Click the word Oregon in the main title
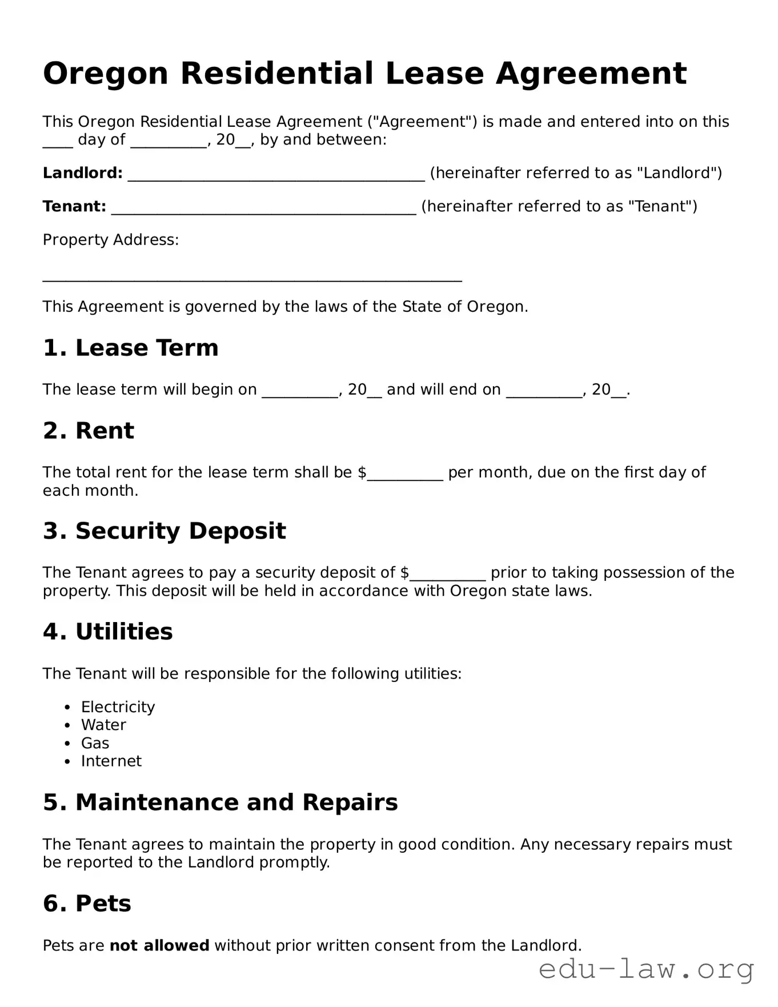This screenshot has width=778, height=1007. point(106,74)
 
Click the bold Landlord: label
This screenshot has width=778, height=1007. point(83,173)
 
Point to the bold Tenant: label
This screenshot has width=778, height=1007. point(74,206)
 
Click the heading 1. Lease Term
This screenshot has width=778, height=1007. point(130,348)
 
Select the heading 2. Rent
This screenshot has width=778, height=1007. point(88,431)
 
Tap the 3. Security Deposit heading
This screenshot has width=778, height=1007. point(164,531)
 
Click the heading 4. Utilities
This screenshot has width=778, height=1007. point(107,632)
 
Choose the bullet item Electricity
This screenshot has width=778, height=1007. point(118,707)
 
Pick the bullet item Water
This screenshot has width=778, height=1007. point(103,725)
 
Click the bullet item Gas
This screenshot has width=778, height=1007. point(95,743)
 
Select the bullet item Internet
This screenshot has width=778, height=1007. point(111,761)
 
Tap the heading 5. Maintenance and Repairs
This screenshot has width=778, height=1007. point(220,803)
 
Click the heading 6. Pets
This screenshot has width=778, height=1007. point(87,904)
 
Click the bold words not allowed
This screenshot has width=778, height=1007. point(159,946)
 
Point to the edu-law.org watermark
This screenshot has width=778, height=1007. point(646,970)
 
